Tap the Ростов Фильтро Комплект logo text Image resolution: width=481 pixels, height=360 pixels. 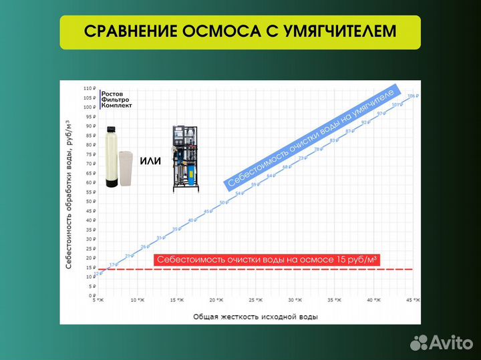coord(117,100)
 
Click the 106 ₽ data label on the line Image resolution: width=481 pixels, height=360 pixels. coord(412,96)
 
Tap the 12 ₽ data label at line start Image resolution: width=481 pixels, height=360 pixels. coord(98,273)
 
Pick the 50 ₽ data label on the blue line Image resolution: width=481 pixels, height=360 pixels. coord(222,202)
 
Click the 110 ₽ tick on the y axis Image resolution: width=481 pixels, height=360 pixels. coord(90,89)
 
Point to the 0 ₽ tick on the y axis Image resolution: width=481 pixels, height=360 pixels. coord(92,295)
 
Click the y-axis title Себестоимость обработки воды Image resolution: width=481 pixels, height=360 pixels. coord(68,194)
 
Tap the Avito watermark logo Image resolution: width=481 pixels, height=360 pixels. coord(439,343)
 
